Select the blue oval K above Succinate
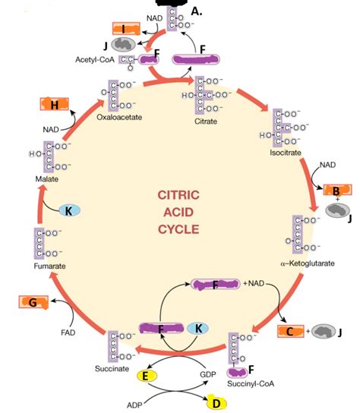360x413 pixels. (x=198, y=327)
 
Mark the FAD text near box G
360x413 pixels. (x=68, y=332)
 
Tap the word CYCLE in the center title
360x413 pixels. (x=180, y=229)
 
